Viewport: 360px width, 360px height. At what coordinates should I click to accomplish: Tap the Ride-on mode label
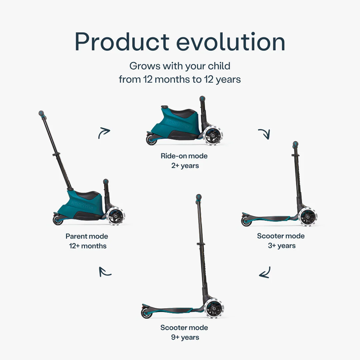[184, 156]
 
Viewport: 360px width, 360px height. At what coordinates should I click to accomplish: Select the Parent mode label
[87, 236]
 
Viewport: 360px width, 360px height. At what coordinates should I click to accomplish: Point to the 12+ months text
[88, 246]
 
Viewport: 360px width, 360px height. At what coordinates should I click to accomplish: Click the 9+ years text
[185, 337]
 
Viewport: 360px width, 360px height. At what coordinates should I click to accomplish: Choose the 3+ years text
[282, 246]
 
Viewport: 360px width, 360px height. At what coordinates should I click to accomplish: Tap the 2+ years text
[185, 166]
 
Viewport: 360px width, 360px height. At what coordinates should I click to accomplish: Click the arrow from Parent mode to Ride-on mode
[104, 133]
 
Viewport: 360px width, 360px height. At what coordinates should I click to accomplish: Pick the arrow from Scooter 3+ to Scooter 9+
[265, 273]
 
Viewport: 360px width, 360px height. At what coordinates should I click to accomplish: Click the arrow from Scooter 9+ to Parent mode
[104, 272]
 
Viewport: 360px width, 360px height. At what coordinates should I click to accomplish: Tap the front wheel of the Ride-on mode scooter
[214, 135]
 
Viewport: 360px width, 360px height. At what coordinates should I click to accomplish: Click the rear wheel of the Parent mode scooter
[58, 220]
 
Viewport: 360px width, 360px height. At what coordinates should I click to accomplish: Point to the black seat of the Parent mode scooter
[89, 195]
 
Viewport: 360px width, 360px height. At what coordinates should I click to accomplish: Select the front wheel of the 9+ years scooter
[214, 308]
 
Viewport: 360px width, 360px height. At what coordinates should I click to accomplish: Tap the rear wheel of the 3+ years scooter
[246, 222]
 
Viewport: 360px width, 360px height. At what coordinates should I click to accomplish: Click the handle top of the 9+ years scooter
[199, 197]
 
